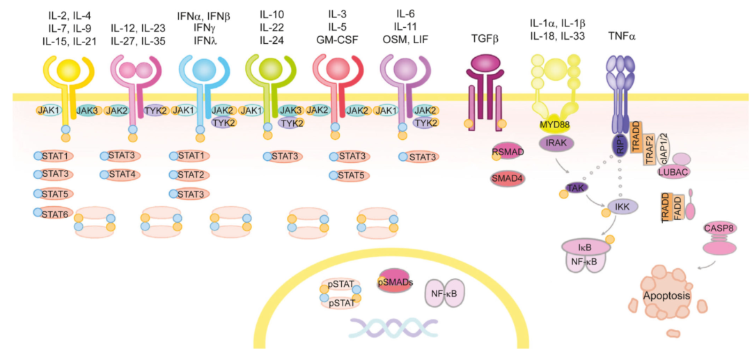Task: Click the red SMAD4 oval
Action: [x=508, y=178]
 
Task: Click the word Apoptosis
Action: [x=667, y=295]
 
